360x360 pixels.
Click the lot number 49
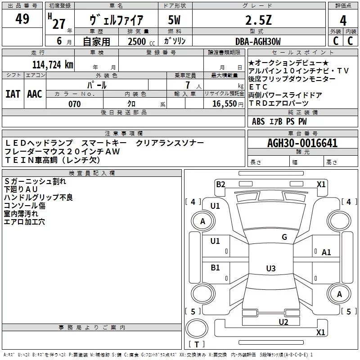(x=22, y=19)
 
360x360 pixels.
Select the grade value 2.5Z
(x=258, y=20)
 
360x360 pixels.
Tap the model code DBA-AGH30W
(x=258, y=41)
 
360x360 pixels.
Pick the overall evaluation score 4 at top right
(x=343, y=20)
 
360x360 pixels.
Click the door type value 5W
(x=174, y=20)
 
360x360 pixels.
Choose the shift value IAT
(x=13, y=94)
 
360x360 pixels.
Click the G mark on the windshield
(x=284, y=237)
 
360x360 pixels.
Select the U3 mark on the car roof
(x=270, y=269)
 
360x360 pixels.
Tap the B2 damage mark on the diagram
(x=220, y=184)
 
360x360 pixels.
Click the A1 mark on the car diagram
(x=326, y=252)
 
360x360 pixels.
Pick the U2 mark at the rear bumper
(x=283, y=321)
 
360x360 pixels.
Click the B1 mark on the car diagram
(x=215, y=268)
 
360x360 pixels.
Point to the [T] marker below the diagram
(x=197, y=345)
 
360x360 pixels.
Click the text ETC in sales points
(x=258, y=87)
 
